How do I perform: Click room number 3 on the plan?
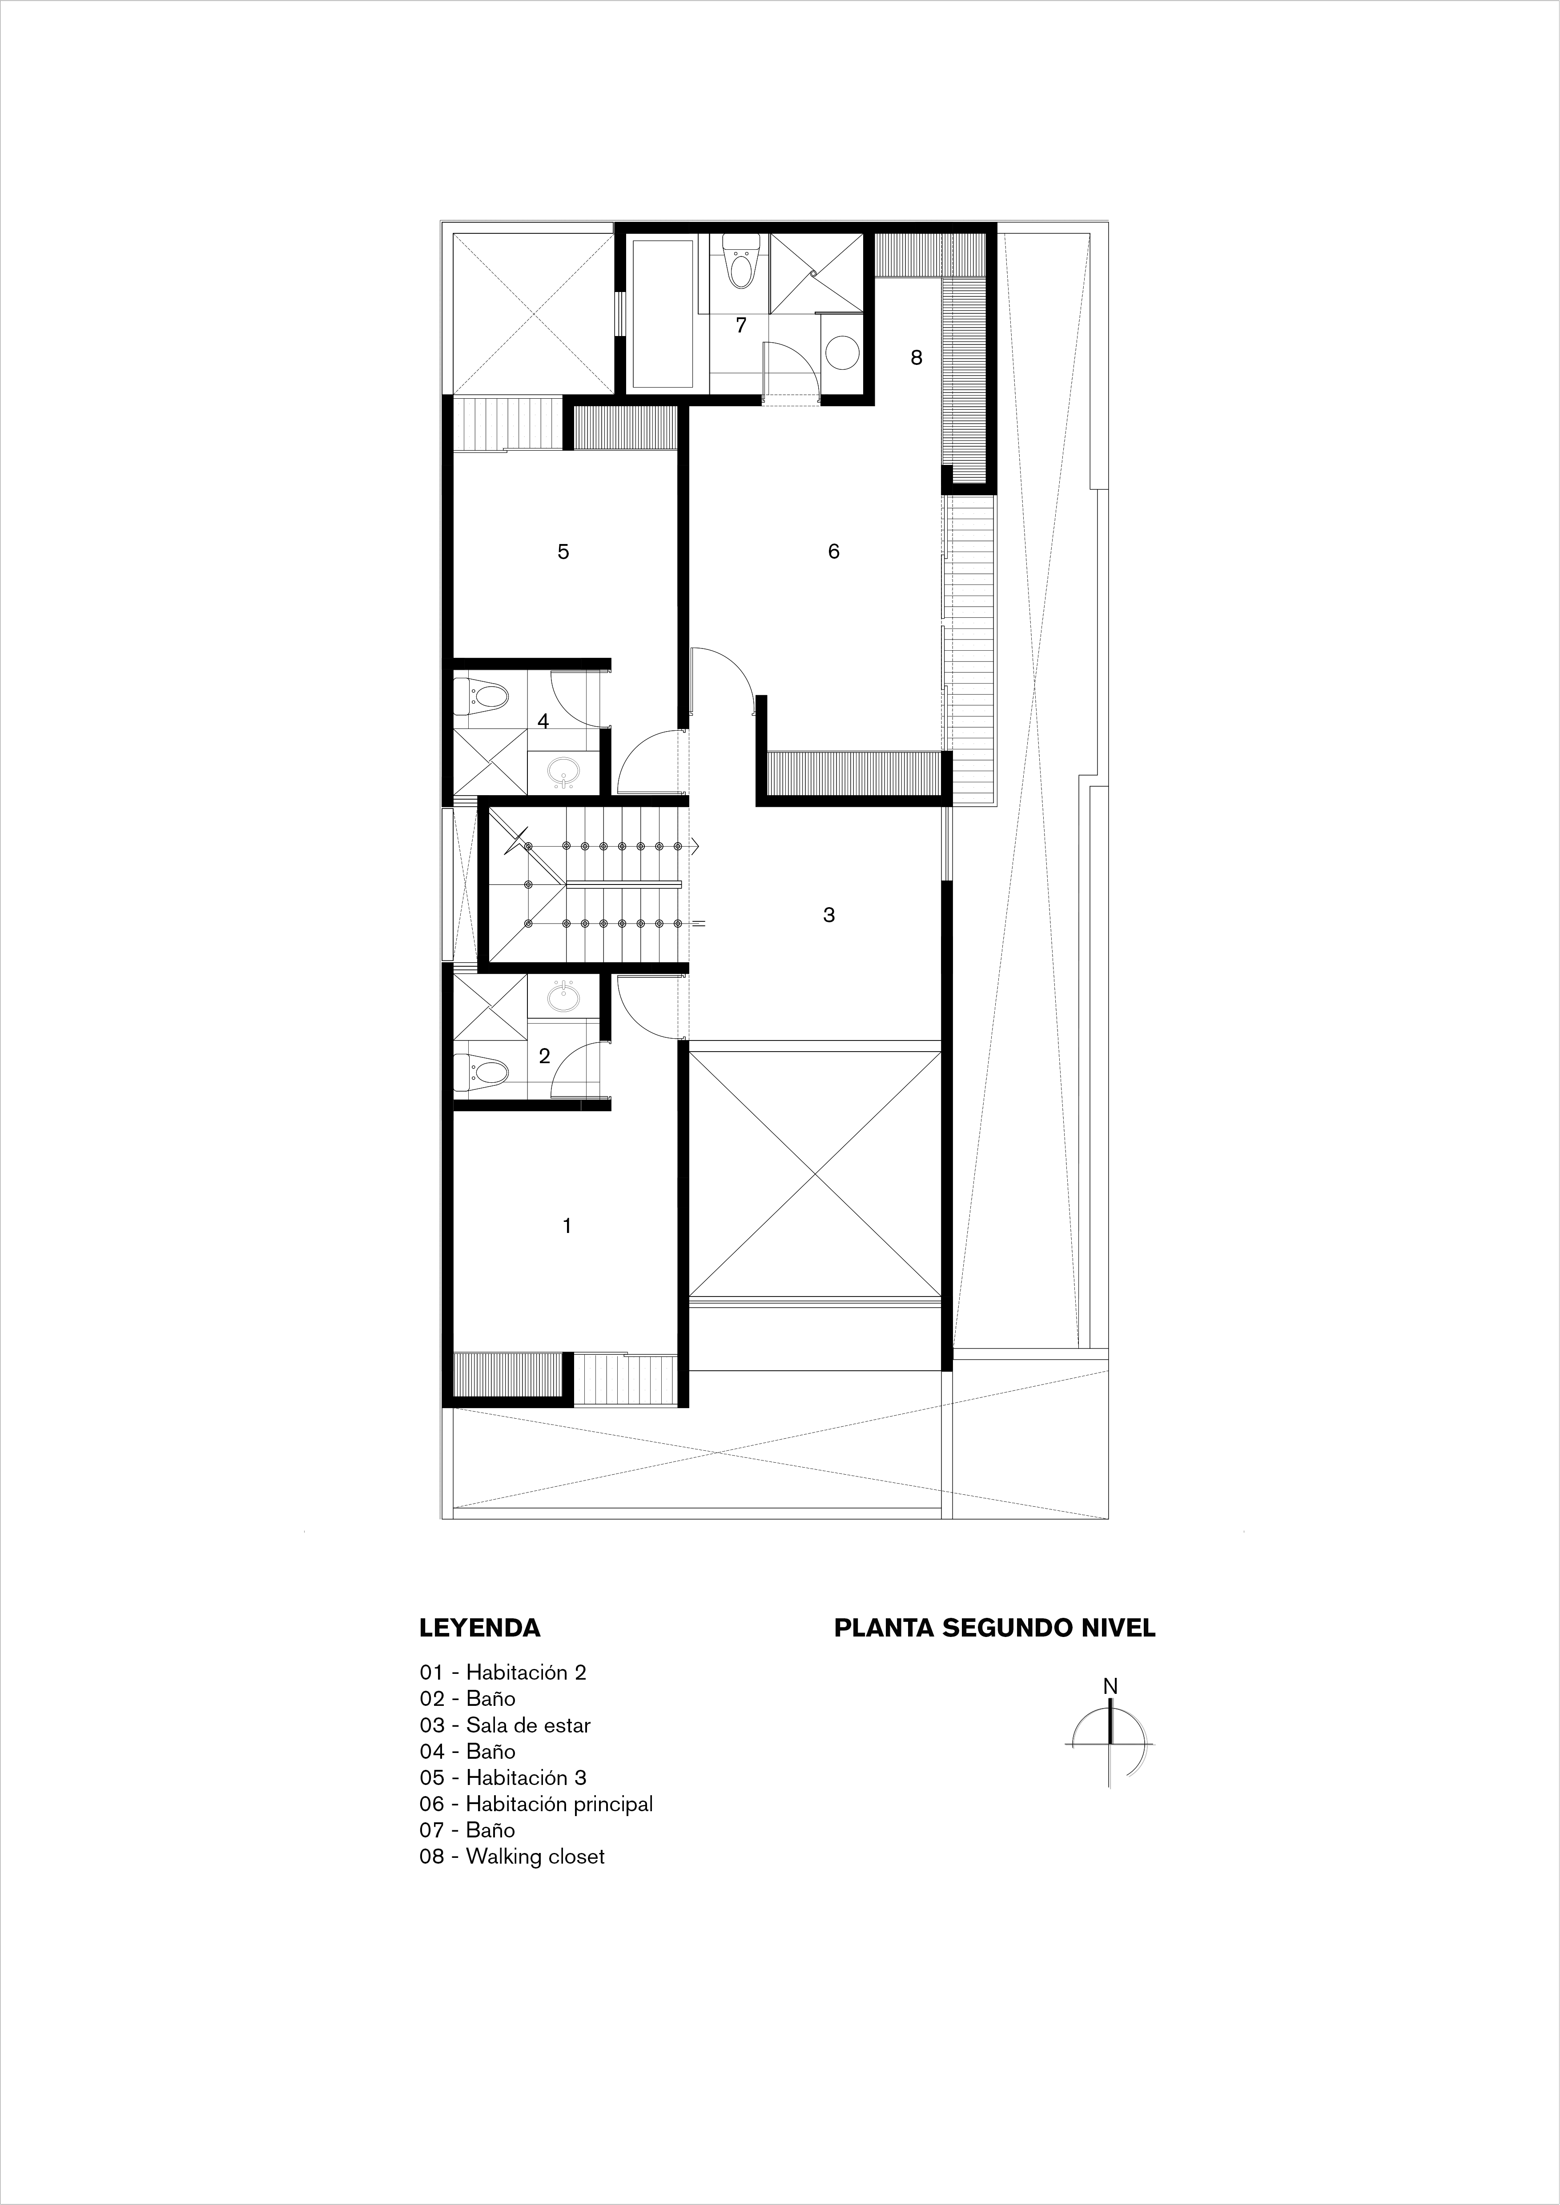coord(829,915)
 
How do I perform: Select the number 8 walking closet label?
coord(917,357)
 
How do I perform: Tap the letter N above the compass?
coord(1110,1685)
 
